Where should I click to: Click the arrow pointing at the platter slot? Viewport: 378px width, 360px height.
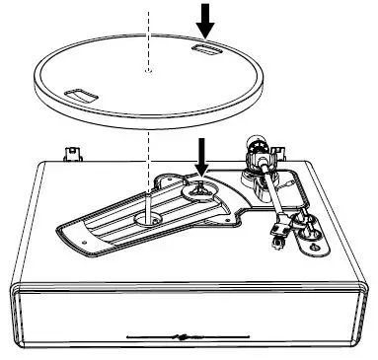point(205,18)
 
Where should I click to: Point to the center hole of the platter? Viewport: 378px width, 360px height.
point(146,72)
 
